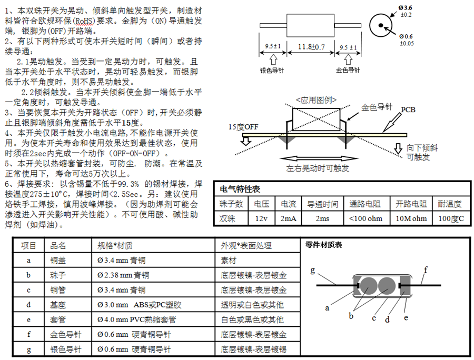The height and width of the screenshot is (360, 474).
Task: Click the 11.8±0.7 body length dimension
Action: (312, 47)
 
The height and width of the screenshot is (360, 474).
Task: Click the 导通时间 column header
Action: (323, 204)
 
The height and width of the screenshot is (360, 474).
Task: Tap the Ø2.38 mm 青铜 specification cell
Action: (123, 275)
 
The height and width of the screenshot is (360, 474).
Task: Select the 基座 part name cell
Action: (58, 304)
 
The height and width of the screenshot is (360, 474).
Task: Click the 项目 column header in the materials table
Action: (28, 245)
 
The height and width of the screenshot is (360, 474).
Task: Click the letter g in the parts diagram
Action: (312, 271)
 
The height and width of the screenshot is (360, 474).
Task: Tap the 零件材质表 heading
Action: (324, 245)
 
